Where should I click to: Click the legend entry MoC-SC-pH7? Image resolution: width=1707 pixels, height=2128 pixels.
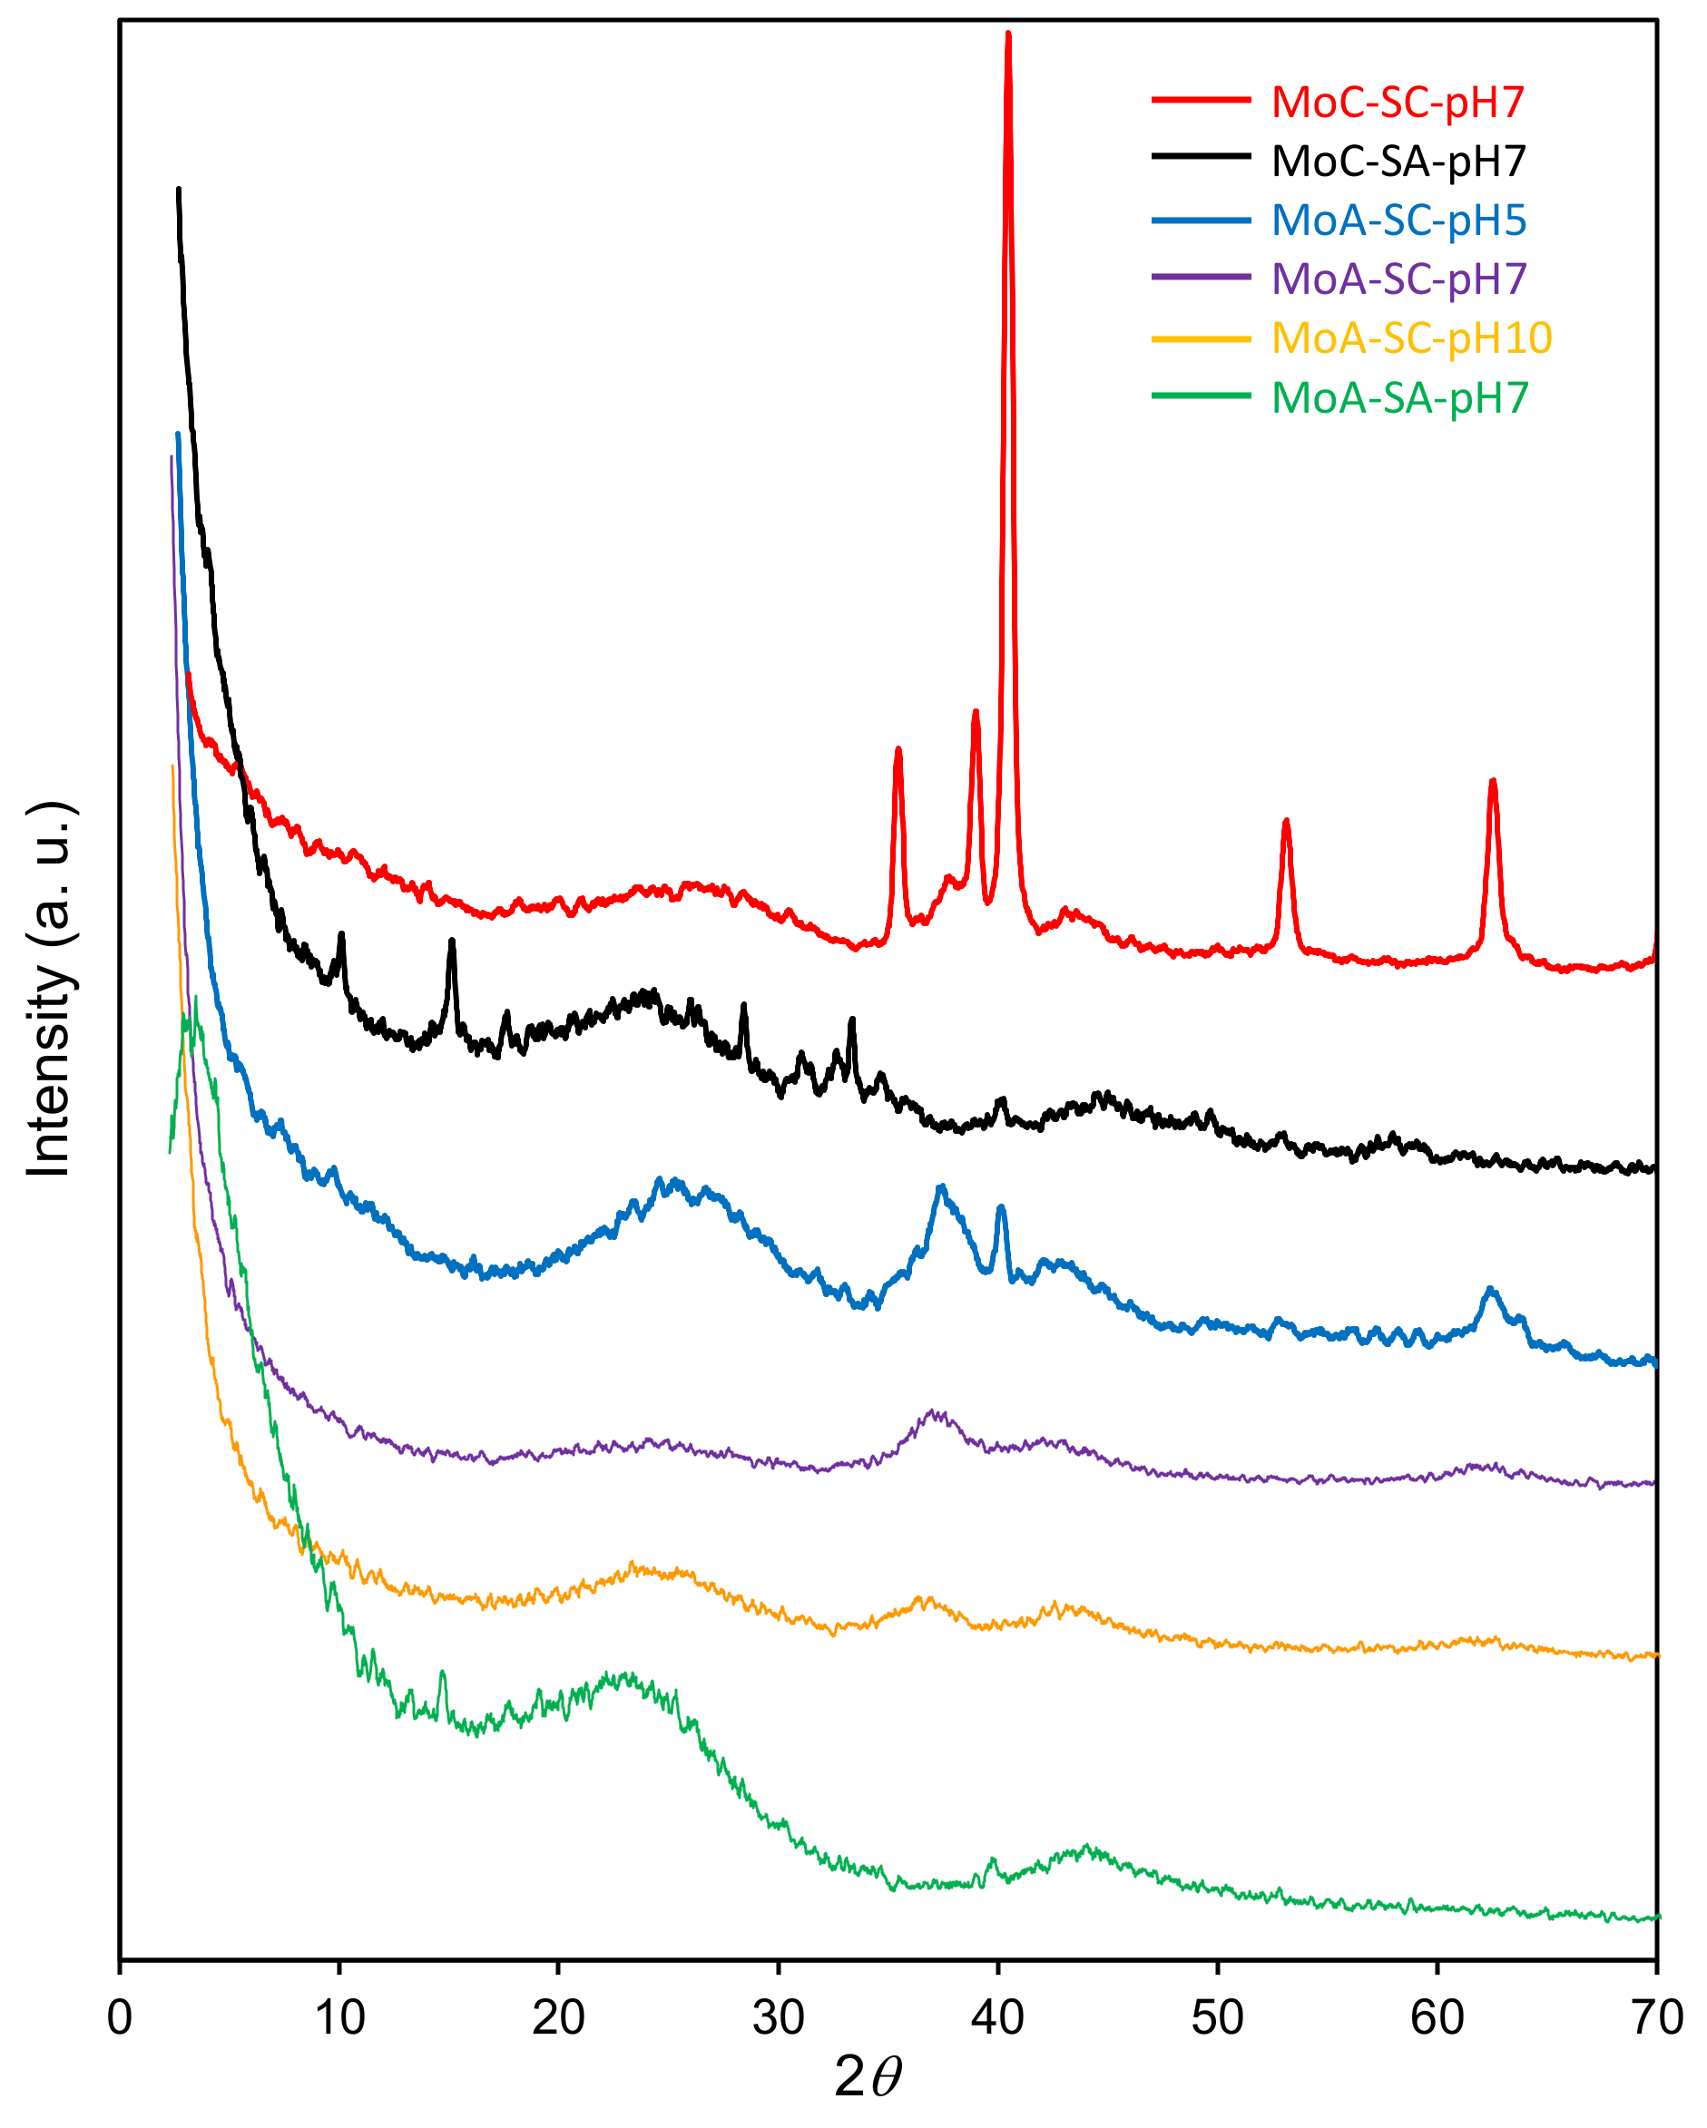[x=1397, y=102]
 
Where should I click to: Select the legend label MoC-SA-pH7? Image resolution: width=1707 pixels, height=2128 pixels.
[x=1398, y=161]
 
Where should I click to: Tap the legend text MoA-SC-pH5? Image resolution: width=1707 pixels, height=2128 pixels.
[x=1398, y=220]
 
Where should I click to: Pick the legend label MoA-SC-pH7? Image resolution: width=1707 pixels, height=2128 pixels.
[x=1398, y=279]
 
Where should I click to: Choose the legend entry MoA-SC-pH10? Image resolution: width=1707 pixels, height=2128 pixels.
[x=1411, y=338]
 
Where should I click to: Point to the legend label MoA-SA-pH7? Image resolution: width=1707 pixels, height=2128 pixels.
[x=1399, y=398]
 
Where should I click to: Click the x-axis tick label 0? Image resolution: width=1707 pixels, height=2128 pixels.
[x=120, y=2018]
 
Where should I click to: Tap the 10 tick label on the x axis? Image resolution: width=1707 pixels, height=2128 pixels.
[x=339, y=2018]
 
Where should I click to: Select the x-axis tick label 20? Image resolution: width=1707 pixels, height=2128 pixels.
[x=559, y=2018]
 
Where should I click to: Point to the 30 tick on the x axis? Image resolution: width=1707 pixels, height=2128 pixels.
[x=778, y=2018]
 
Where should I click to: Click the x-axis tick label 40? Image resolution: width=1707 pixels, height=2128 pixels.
[x=997, y=2018]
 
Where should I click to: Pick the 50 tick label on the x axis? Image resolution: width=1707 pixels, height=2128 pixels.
[x=1217, y=2018]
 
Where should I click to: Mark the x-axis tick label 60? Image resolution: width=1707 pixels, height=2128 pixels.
[x=1437, y=2018]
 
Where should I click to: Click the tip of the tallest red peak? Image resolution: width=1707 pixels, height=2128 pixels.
[x=1008, y=34]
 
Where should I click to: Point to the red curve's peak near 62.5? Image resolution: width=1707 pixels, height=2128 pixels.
[x=1493, y=781]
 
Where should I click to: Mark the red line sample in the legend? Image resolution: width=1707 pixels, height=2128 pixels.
[x=1201, y=100]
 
